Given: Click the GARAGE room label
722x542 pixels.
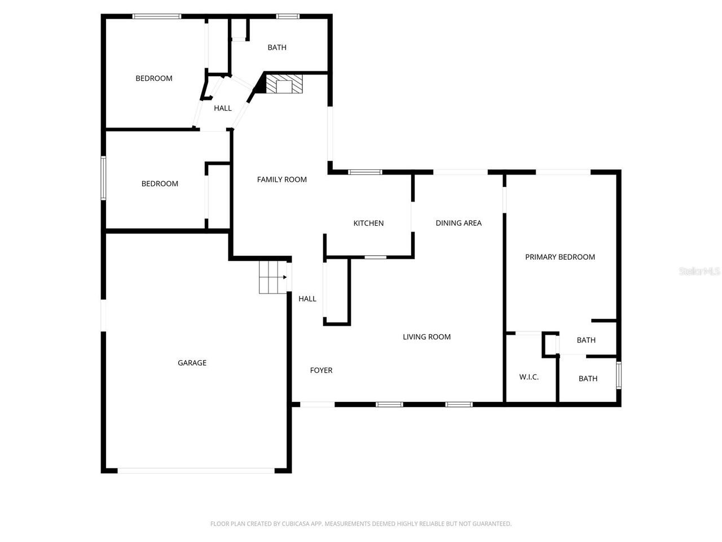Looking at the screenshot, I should (192, 363).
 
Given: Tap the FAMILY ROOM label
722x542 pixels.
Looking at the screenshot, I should (281, 180).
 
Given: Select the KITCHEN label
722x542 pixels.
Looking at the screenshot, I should (368, 224).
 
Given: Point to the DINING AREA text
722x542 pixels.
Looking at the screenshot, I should (458, 223).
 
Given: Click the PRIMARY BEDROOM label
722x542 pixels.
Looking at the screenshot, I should (560, 257).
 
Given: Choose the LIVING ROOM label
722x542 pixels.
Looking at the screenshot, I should (426, 337).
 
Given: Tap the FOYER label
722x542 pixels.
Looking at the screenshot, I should (321, 370).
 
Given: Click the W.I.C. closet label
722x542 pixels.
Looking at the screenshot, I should (529, 377).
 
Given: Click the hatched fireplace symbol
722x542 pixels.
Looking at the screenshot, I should (284, 84).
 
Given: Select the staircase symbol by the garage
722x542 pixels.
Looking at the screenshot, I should (271, 277).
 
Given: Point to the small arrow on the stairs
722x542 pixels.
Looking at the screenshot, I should (285, 277).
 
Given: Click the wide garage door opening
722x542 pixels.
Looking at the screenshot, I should (196, 470).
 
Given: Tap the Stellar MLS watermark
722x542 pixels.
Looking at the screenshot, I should (699, 272).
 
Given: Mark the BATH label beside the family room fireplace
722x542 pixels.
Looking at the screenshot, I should (276, 47).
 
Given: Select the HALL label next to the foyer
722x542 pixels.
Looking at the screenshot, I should (307, 299).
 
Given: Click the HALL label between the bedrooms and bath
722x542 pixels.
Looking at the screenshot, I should (222, 108).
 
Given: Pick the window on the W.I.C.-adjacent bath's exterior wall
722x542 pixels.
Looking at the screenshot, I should (618, 375).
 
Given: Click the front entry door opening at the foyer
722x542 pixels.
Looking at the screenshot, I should (317, 404).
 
